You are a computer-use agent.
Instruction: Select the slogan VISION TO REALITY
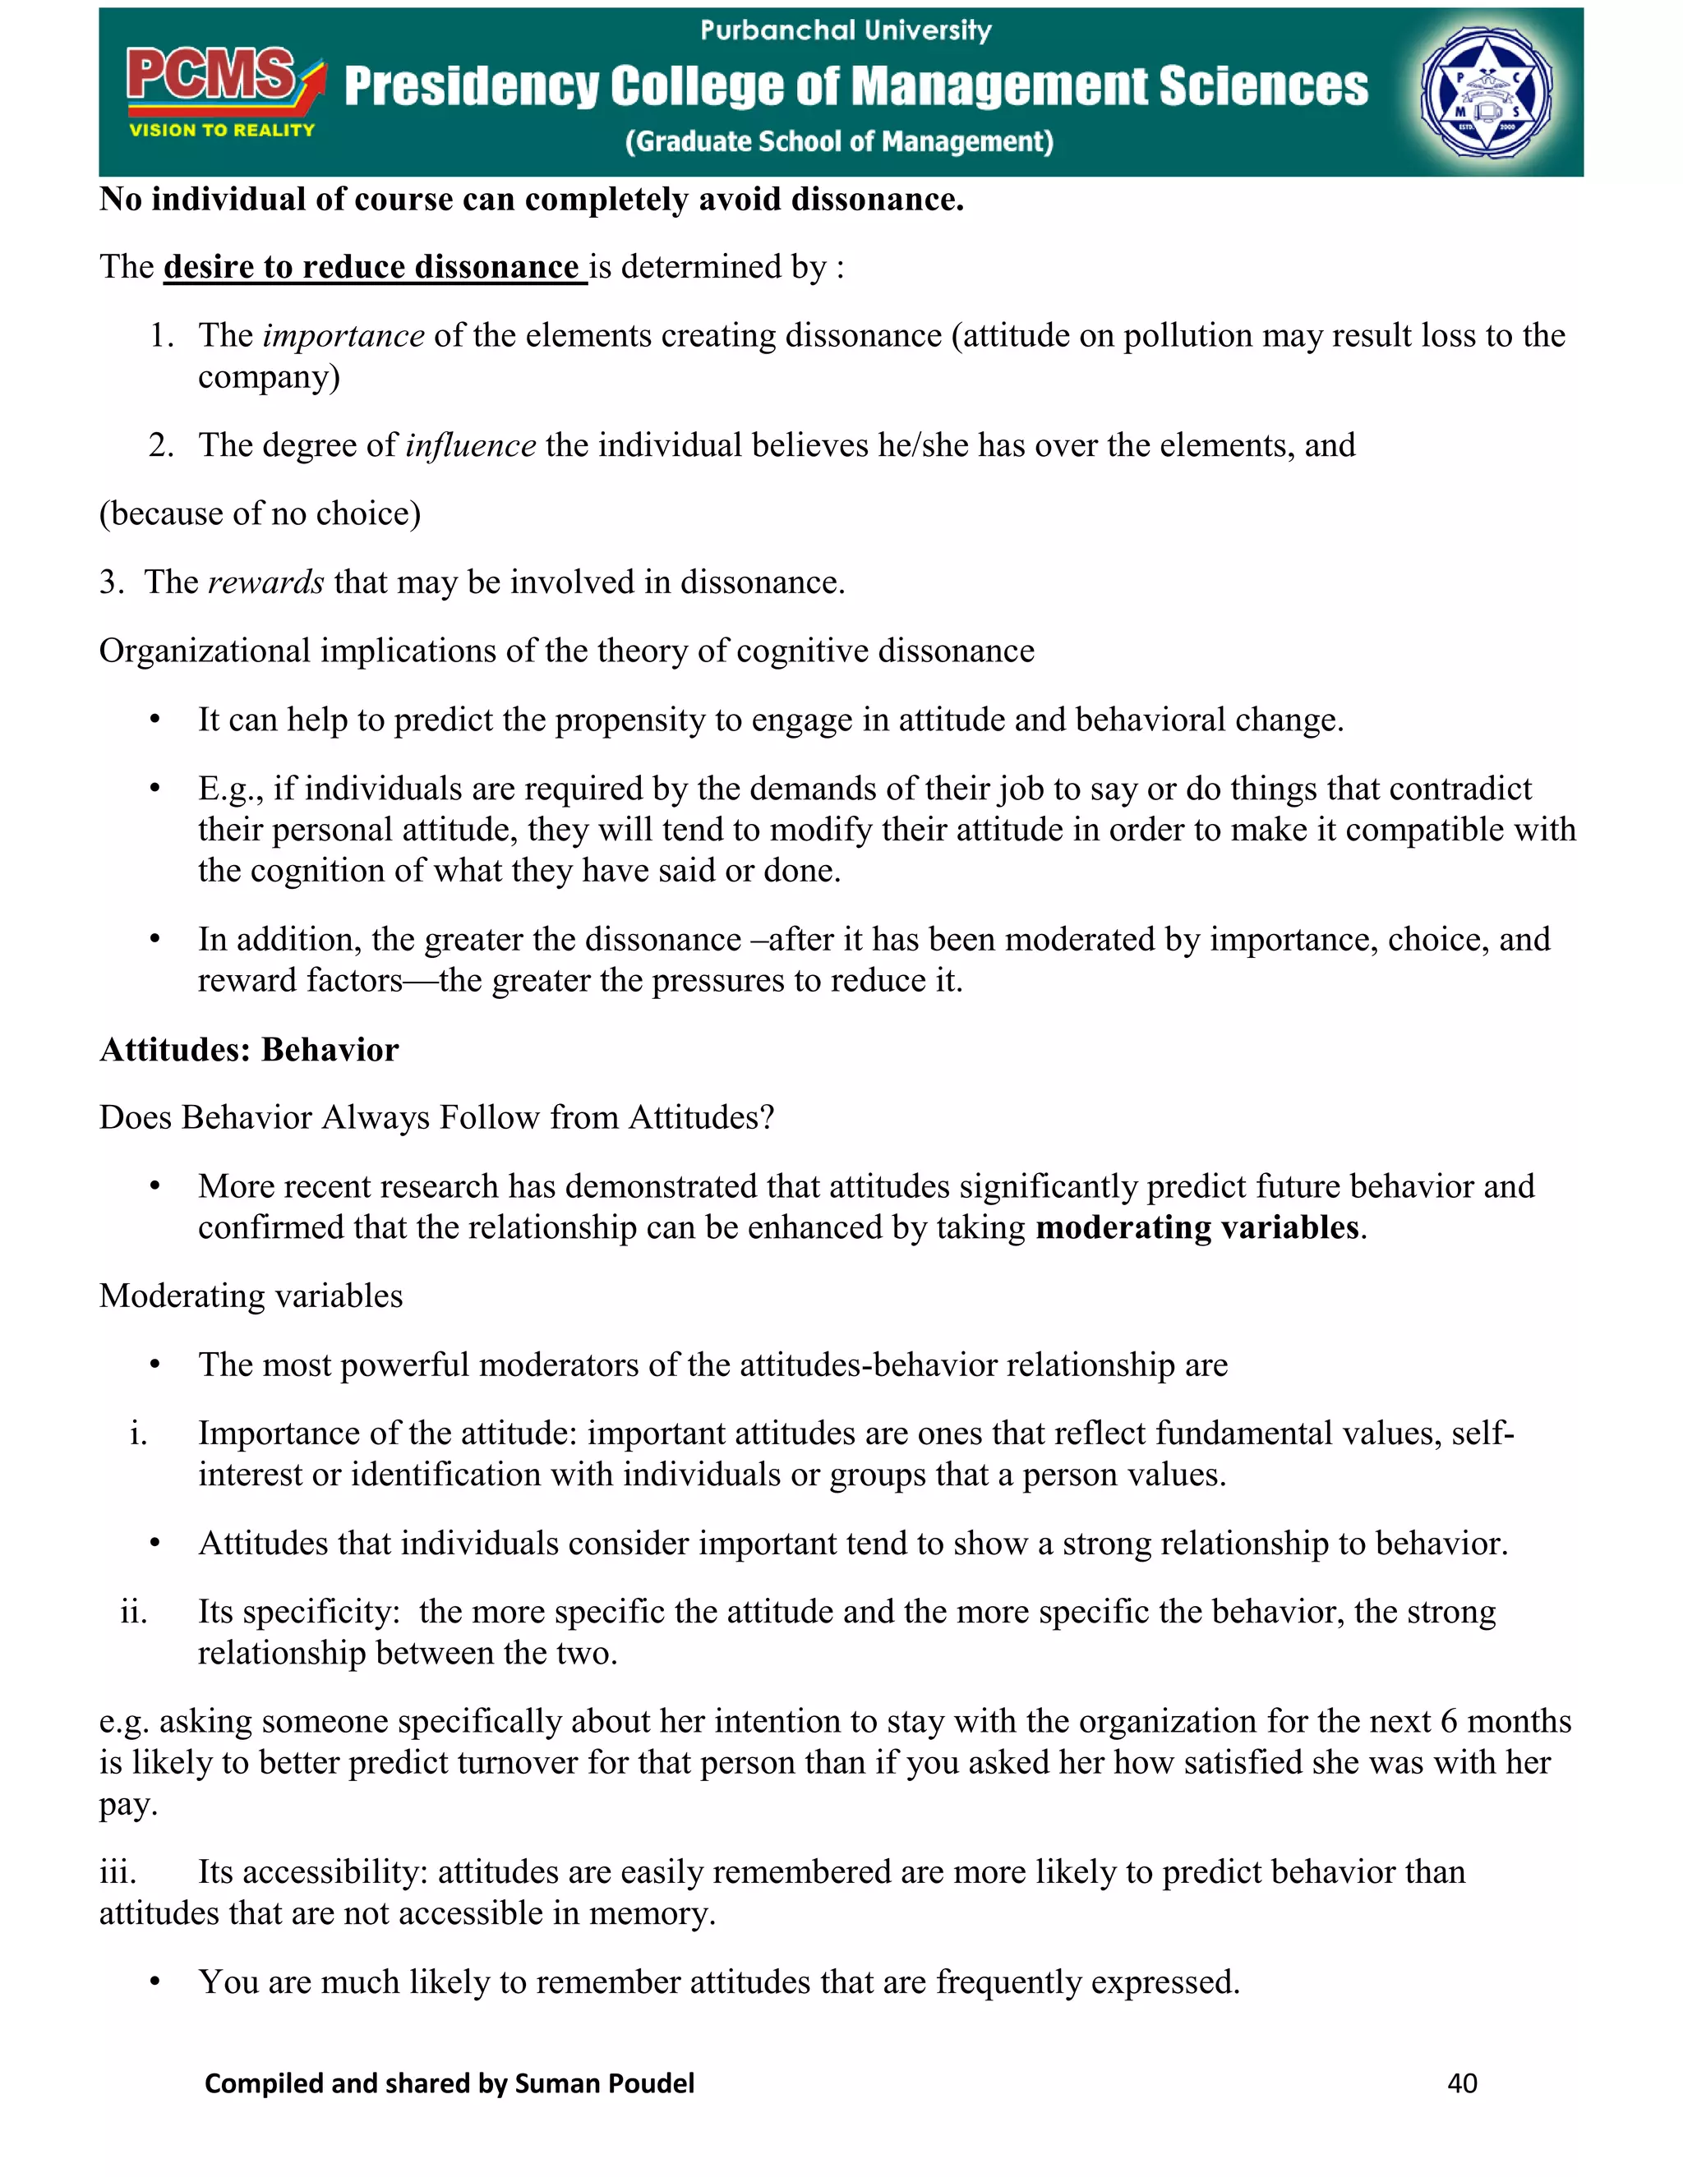tap(221, 131)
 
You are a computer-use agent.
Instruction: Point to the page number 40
tap(1462, 2083)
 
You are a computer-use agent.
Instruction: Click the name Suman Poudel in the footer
tap(604, 2083)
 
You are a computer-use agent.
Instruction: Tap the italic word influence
tap(471, 445)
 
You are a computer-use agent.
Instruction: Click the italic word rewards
tap(265, 582)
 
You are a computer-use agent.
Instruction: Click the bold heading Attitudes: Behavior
tap(249, 1050)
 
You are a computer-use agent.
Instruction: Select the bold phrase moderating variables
tap(1197, 1227)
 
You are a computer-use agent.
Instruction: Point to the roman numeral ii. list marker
tap(134, 1612)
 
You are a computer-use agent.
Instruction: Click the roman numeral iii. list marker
tap(118, 1872)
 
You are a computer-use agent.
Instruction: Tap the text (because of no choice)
tap(261, 513)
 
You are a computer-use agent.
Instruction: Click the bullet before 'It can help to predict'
tap(154, 720)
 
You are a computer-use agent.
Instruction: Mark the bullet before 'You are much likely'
tap(154, 1981)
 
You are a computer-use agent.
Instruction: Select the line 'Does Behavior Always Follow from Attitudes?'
tap(436, 1117)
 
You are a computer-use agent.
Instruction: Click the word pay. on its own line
tap(129, 1804)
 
